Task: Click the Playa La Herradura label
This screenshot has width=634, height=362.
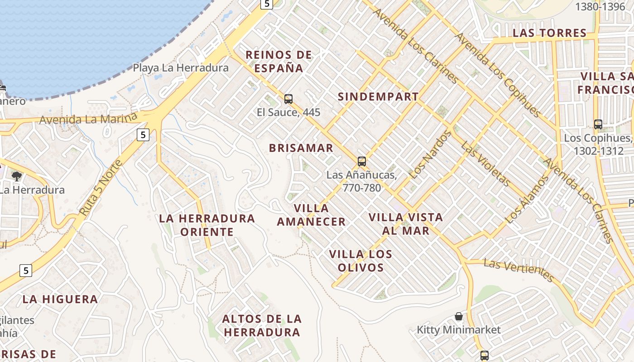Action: point(181,68)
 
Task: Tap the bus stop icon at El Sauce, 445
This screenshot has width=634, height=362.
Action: point(288,99)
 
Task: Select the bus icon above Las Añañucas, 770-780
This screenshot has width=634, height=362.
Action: point(361,161)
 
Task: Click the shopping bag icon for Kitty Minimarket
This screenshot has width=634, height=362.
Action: point(459,316)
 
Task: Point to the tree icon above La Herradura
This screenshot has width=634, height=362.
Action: point(17,176)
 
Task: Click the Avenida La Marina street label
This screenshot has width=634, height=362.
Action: point(88,119)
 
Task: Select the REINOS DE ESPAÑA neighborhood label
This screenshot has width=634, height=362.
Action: point(279,62)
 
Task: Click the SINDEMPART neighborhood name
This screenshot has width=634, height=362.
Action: point(378,96)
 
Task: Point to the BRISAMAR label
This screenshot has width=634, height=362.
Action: point(301,148)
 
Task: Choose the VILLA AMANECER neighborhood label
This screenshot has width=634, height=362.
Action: point(311,215)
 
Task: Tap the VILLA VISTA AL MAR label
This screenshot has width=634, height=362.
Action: point(406,224)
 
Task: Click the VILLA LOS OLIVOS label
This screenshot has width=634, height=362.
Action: point(361,261)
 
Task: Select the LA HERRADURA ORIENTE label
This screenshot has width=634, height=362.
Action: point(207,225)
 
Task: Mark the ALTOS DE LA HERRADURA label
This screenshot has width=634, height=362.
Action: point(262,325)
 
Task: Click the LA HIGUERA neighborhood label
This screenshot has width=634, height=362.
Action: point(60,299)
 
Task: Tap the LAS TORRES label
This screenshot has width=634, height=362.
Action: point(549,33)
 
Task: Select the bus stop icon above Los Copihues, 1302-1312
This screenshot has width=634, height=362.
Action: point(598,124)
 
